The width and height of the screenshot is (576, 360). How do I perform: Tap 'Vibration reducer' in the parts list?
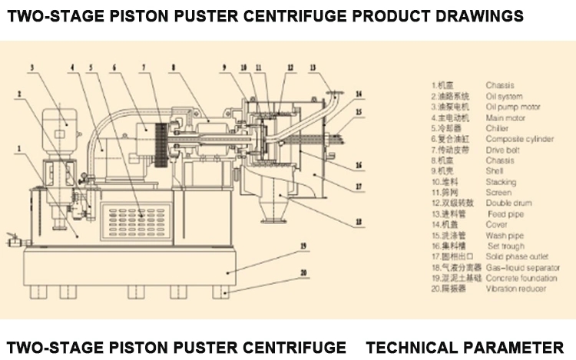[516, 289]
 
